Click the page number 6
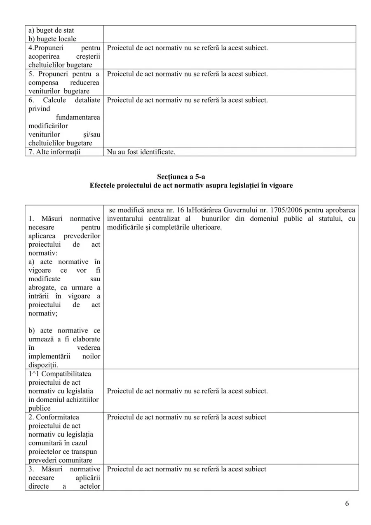(x=347, y=504)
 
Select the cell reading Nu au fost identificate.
(x=141, y=152)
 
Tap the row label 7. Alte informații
(x=54, y=152)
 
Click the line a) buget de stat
(x=51, y=31)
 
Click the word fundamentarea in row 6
(x=81, y=118)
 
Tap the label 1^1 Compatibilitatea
(x=60, y=374)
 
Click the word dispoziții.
(x=43, y=365)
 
